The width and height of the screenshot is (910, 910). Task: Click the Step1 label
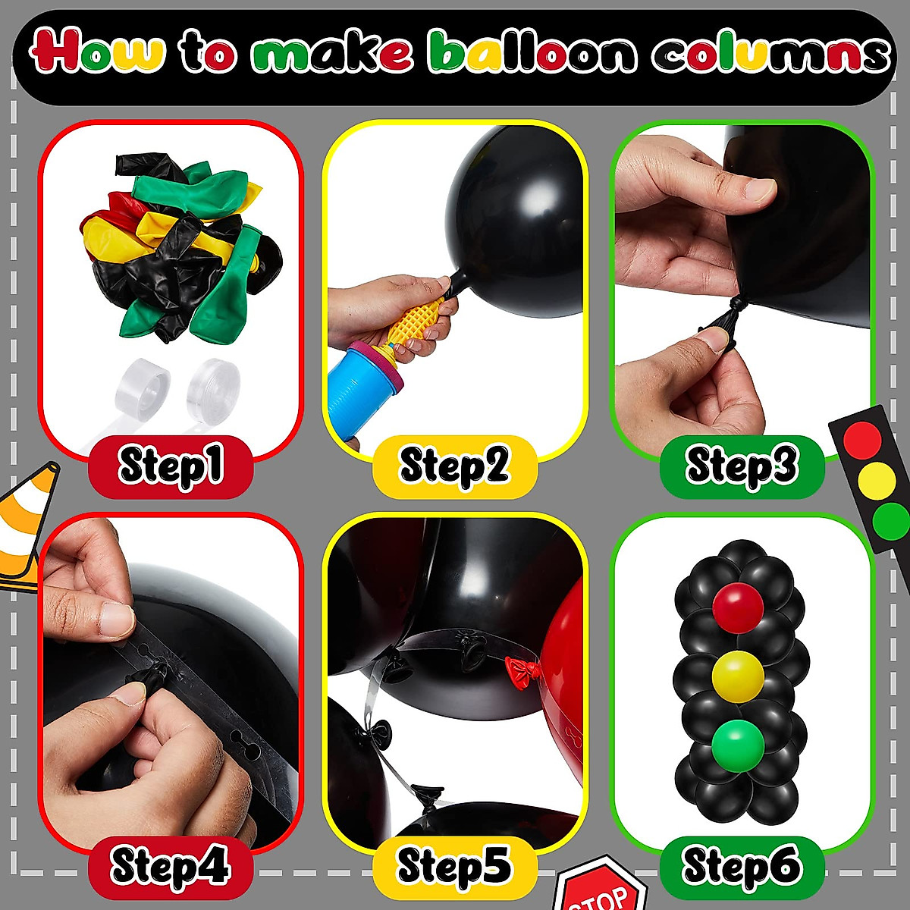[171, 466]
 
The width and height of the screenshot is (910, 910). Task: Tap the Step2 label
[454, 466]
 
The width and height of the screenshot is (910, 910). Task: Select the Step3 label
[741, 466]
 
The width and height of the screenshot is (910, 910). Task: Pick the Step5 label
[454, 866]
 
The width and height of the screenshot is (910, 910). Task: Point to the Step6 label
[741, 866]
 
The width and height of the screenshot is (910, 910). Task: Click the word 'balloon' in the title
[532, 53]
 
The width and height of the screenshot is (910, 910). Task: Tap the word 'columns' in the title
[770, 53]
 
